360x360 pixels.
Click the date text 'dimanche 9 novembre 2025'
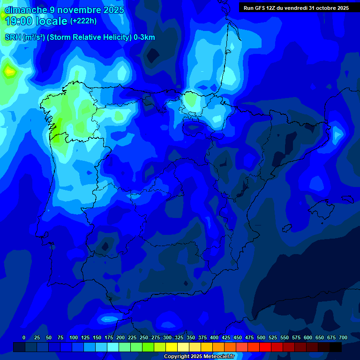pos(64,10)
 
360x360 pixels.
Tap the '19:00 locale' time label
pos(36,21)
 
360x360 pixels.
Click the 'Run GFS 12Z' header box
pos(296,7)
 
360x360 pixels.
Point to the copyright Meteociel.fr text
pos(199,356)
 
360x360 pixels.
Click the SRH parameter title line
pos(80,37)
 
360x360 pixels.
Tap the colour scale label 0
pos(24,337)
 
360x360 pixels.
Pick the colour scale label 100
pos(74,337)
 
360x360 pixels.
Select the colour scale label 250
pos(144,337)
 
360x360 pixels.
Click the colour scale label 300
pos(167,337)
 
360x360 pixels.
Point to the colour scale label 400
pos(214,337)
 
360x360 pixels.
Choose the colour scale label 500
pos(261,337)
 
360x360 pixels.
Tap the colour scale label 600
pos(308,337)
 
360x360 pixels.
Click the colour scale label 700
pos(343,337)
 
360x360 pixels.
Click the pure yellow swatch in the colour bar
pos(172,347)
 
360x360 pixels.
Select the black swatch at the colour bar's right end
pos(336,347)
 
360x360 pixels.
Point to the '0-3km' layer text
pos(144,37)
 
